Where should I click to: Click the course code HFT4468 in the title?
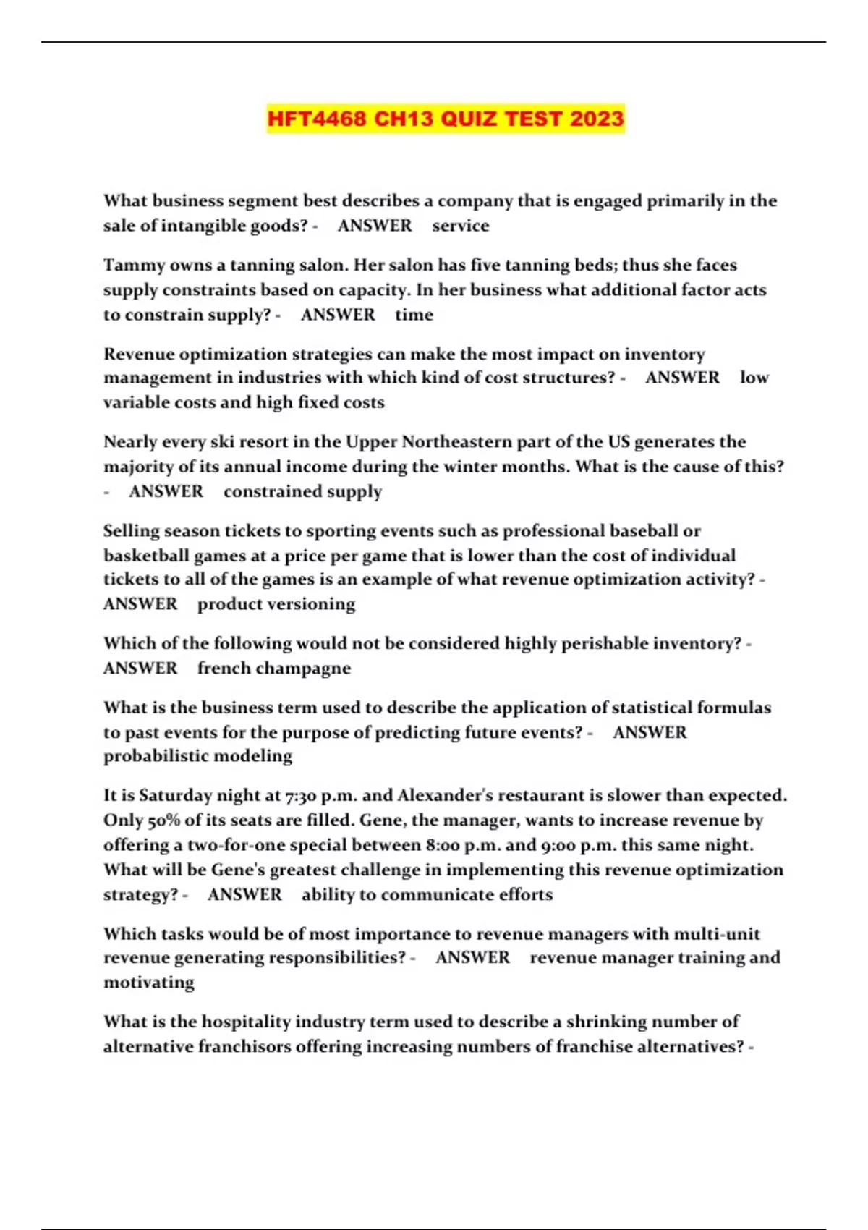click(317, 119)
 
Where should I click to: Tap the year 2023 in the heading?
click(596, 119)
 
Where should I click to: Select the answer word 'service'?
click(461, 226)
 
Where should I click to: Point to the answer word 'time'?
click(414, 315)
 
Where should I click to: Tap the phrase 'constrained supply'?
click(302, 492)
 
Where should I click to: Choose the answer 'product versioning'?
click(276, 604)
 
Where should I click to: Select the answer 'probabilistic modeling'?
click(197, 756)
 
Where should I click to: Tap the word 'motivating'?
click(149, 983)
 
